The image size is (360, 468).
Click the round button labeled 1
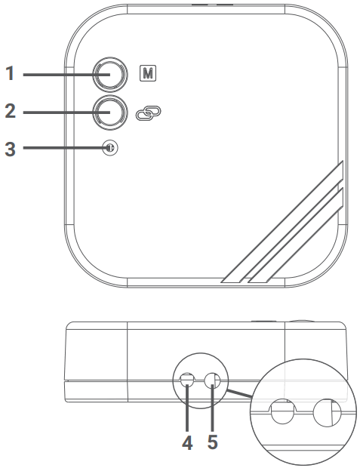(x=110, y=74)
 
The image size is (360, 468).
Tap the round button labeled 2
(x=110, y=112)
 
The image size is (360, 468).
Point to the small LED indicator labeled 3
(x=110, y=148)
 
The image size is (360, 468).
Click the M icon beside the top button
(x=148, y=74)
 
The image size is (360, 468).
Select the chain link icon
(x=148, y=114)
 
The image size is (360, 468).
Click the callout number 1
(x=10, y=74)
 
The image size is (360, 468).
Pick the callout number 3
(x=10, y=148)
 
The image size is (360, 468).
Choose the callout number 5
(x=213, y=442)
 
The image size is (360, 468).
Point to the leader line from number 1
(x=57, y=74)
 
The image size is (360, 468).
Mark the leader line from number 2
(x=57, y=112)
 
